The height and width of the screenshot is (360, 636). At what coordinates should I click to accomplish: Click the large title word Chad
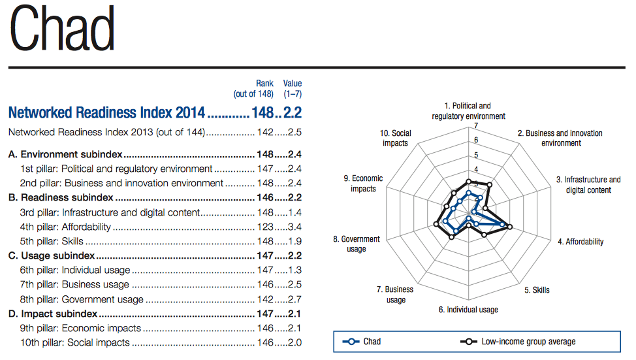coord(63,31)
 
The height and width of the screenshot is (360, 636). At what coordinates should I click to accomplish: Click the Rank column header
coord(264,83)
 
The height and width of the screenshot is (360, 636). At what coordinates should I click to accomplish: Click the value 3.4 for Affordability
coord(294,227)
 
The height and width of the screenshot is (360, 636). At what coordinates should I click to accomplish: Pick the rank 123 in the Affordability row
coord(264,227)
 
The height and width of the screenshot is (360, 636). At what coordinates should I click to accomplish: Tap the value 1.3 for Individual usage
coord(294,270)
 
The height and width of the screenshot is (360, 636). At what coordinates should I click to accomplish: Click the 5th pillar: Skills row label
coord(52,241)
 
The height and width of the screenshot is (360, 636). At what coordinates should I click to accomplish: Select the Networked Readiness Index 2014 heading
coord(107,112)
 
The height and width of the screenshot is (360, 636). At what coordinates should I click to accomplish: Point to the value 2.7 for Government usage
coord(294,299)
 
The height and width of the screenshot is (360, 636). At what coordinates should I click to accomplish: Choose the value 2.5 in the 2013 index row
coord(294,133)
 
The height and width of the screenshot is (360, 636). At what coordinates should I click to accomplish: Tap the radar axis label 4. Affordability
coord(580,242)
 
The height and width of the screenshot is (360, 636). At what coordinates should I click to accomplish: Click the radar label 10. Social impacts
coord(396,139)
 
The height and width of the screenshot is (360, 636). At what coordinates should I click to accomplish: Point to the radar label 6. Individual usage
coord(468,309)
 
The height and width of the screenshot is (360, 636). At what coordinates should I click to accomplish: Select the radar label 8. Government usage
coord(357,244)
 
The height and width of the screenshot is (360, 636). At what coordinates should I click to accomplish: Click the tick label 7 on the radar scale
coord(476,126)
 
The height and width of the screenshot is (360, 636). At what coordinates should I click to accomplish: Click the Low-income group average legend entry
coord(519,341)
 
